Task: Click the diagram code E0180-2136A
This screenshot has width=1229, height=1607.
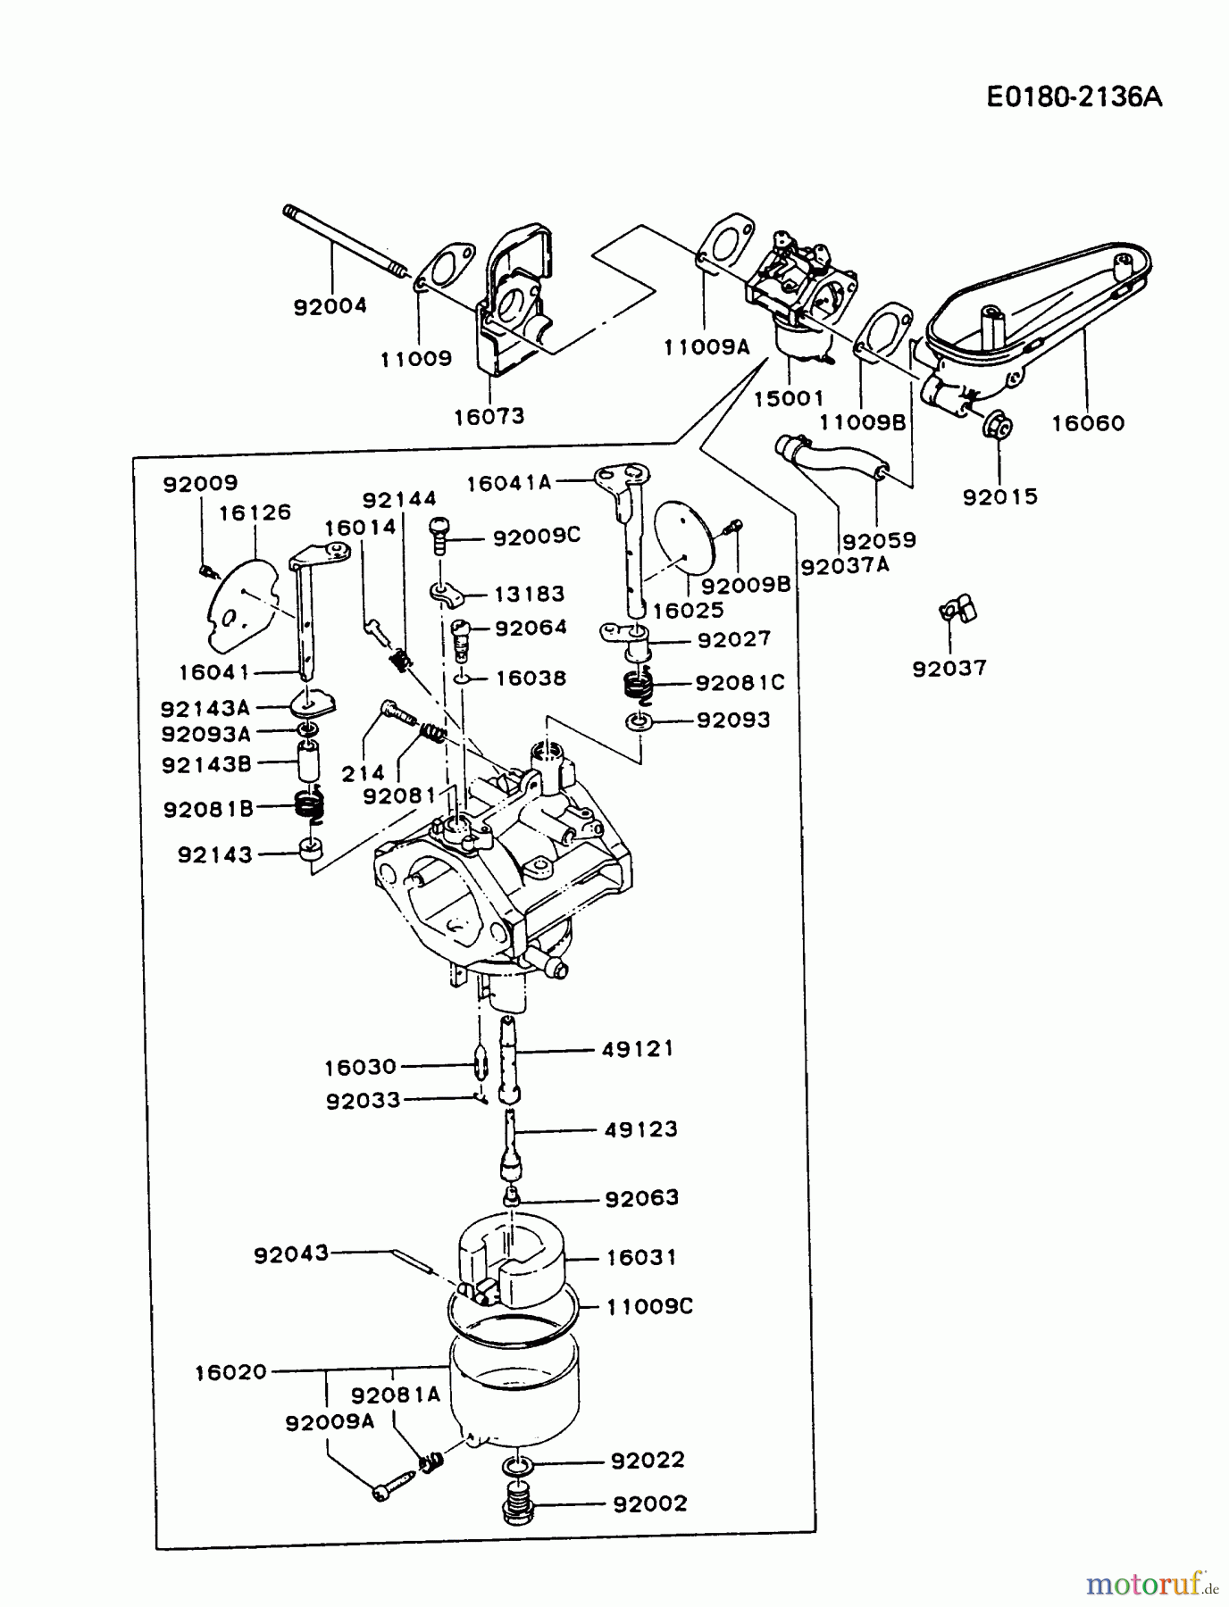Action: (1074, 97)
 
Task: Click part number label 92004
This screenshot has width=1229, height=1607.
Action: (330, 306)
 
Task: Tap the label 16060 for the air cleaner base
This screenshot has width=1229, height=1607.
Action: (1087, 423)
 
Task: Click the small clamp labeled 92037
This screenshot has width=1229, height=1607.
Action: (957, 612)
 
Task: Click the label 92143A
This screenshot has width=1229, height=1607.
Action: (205, 708)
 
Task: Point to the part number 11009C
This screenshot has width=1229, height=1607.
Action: (649, 1306)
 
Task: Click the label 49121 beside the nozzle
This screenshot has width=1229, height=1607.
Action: (637, 1049)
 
